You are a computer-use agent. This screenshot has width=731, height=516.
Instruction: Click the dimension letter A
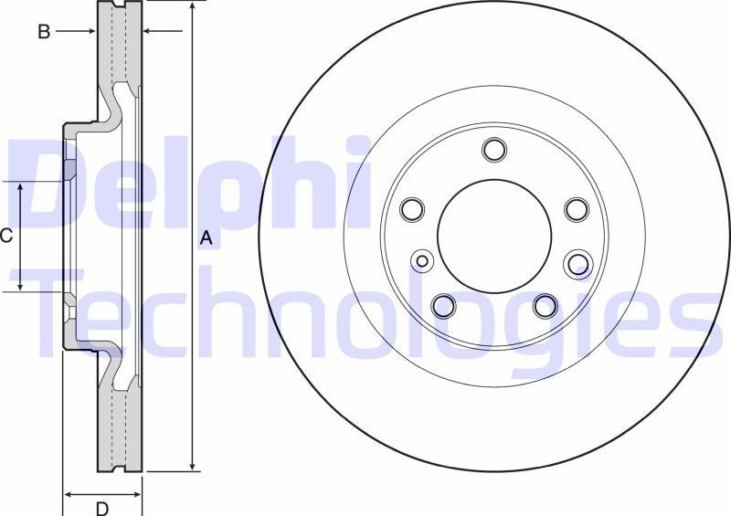click(x=207, y=238)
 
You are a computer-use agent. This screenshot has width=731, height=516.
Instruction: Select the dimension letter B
click(x=43, y=32)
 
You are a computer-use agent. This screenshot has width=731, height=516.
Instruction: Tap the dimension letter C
click(x=6, y=237)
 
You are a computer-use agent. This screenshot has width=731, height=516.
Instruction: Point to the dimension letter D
click(x=102, y=507)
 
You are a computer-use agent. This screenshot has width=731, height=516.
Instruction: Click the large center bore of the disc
click(x=494, y=236)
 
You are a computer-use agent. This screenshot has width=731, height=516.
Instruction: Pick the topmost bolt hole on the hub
click(x=494, y=150)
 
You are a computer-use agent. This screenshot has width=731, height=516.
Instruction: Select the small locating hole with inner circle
click(x=422, y=261)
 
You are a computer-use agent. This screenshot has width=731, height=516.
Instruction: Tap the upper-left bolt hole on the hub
click(x=413, y=209)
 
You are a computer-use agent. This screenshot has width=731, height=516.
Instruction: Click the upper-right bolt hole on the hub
click(x=576, y=209)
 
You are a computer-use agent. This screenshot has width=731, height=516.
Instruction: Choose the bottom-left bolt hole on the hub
click(x=443, y=305)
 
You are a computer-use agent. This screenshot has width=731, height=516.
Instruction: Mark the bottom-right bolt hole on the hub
click(x=546, y=305)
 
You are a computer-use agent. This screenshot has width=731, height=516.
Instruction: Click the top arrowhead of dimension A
click(x=192, y=7)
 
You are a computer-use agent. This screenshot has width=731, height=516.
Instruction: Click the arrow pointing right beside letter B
click(x=90, y=32)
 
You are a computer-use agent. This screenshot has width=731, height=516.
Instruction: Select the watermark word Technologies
click(x=365, y=311)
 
